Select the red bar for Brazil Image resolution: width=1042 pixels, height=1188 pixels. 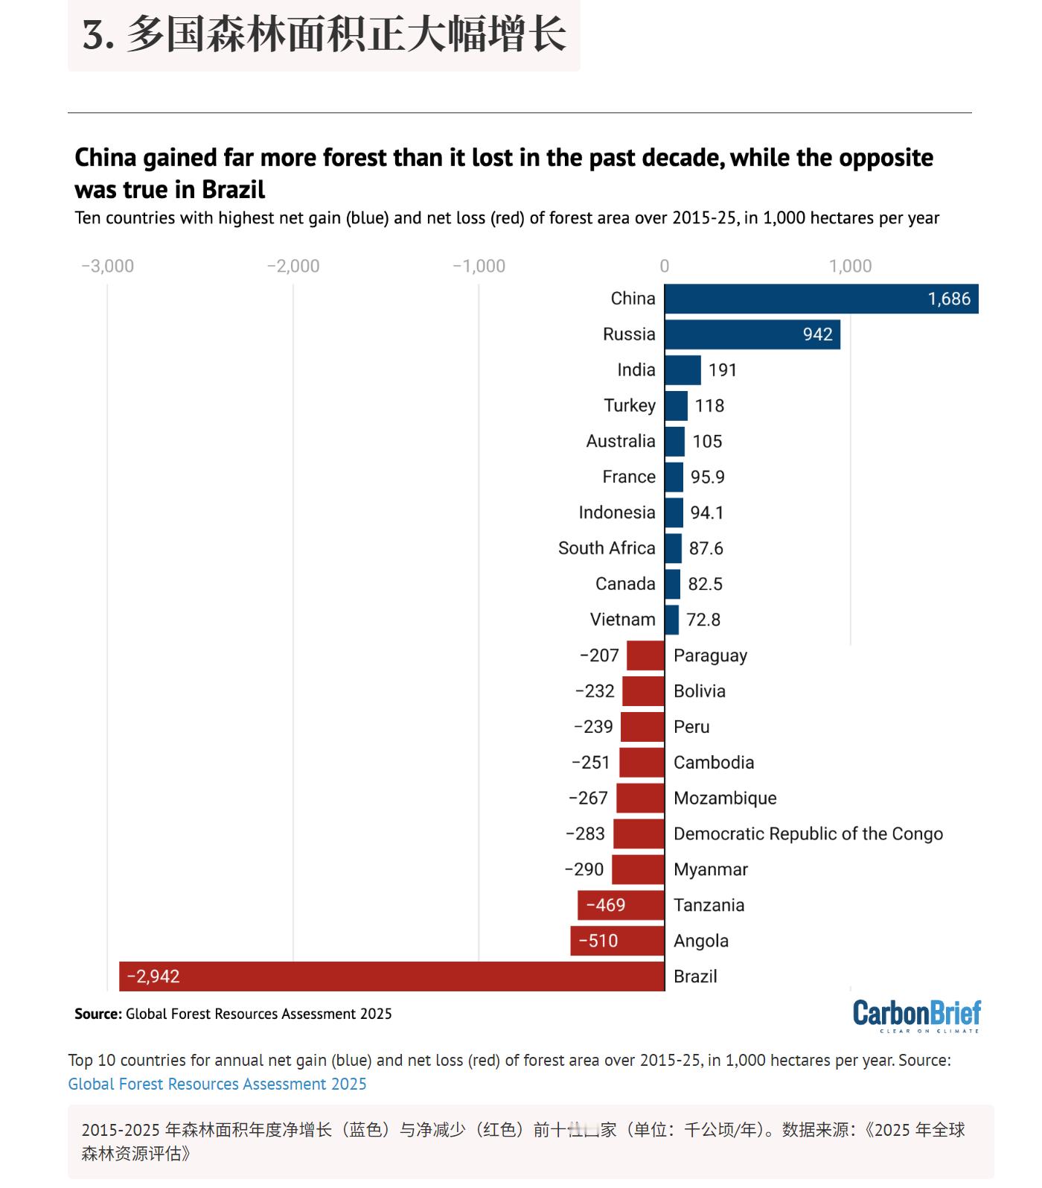(391, 976)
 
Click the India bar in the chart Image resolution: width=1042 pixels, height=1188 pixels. (683, 370)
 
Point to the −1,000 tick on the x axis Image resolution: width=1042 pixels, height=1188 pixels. (479, 266)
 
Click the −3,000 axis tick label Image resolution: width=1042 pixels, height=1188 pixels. (108, 266)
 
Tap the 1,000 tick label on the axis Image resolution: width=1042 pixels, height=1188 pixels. (851, 266)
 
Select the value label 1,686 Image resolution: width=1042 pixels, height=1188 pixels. (949, 299)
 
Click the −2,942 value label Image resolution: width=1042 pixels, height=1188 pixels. (153, 976)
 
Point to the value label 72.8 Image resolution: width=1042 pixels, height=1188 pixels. (703, 620)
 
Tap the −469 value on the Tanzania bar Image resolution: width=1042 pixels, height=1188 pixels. (606, 905)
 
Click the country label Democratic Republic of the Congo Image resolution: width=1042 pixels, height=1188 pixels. (808, 833)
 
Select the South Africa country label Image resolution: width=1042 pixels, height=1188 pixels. (607, 548)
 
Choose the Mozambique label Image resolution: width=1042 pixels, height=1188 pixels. (725, 798)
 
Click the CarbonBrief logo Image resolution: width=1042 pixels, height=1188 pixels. (917, 1015)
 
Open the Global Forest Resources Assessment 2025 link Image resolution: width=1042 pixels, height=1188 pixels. (217, 1084)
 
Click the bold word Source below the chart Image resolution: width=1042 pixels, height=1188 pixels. (98, 1014)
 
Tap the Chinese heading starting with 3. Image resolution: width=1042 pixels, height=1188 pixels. (325, 35)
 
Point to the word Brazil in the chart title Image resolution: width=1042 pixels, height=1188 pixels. (234, 189)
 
